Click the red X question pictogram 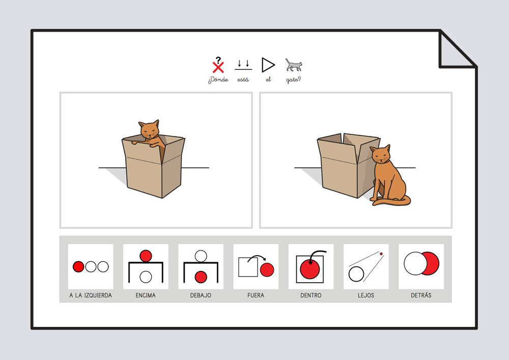coord(218,65)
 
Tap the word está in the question coord(243,79)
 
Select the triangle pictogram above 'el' coord(268,65)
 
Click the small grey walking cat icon coord(294,65)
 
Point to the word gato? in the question coord(294,80)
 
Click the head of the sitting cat coord(381,154)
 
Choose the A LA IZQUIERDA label coord(91,295)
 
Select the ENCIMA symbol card coord(146,266)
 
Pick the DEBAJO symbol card coord(201,266)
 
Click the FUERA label coord(256,295)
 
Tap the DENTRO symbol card coord(311,266)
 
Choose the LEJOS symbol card coord(366,266)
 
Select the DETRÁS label coord(421,295)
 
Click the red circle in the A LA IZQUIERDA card coord(78,266)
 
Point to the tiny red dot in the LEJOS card coord(381,254)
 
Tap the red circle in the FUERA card coord(267,270)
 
